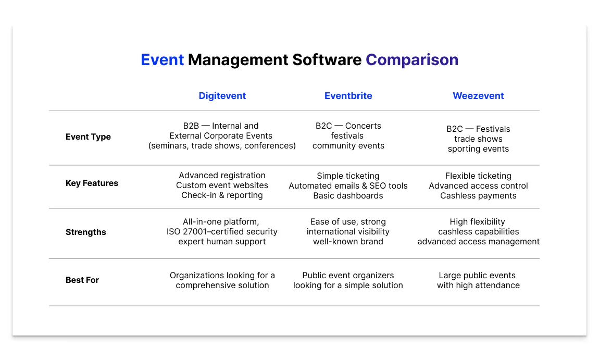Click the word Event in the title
(x=162, y=60)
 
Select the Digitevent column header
(x=222, y=96)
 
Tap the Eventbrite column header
(x=348, y=96)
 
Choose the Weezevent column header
(x=478, y=96)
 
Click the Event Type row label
(x=88, y=137)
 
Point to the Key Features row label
(x=92, y=183)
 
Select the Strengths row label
(x=85, y=232)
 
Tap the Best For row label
(x=82, y=280)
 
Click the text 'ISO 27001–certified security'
(x=222, y=232)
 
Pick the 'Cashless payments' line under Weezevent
(x=478, y=196)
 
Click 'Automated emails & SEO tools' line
(x=348, y=186)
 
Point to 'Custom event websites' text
(x=222, y=185)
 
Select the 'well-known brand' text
(x=348, y=242)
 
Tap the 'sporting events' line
(x=478, y=149)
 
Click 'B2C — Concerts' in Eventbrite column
(x=348, y=126)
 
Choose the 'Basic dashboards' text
(x=348, y=196)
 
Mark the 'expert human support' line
(x=222, y=242)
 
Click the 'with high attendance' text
(x=478, y=285)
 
